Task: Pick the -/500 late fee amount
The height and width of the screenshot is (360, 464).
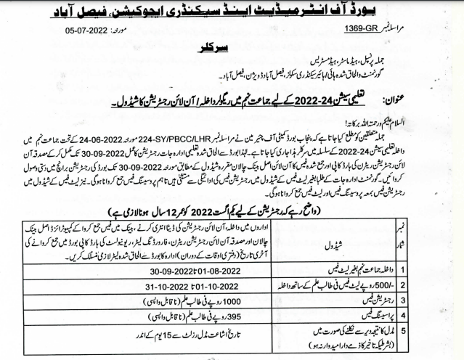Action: (x=420, y=285)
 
